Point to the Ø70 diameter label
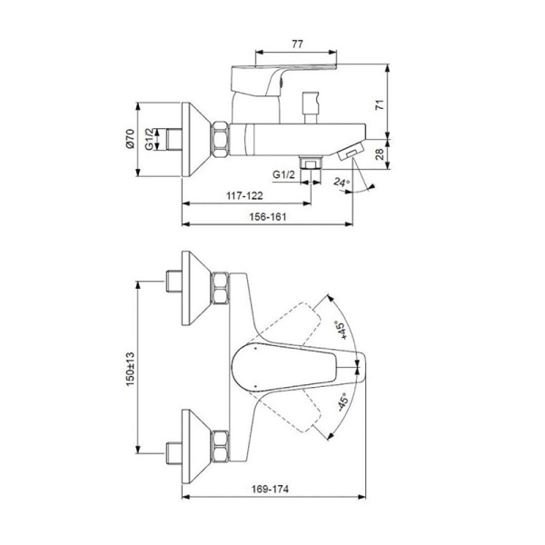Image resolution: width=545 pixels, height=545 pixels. click(130, 139)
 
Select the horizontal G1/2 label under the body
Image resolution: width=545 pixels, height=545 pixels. click(283, 173)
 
